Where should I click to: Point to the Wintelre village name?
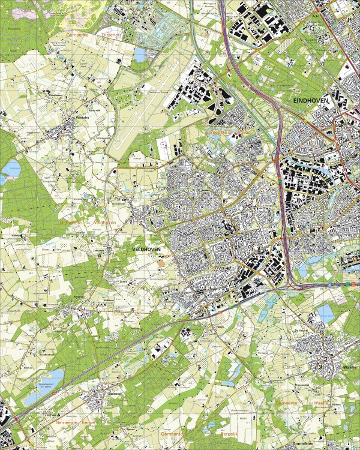pyautogui.click(x=82, y=118)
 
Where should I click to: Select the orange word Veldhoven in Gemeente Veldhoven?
pyautogui.click(x=104, y=221)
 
